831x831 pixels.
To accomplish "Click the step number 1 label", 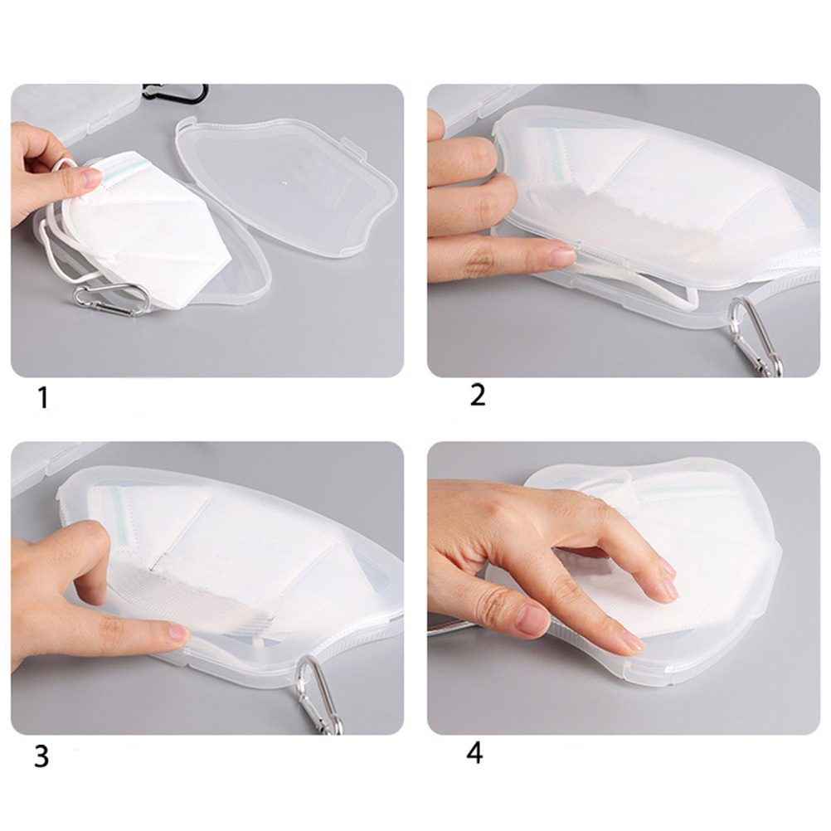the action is pos(43,397).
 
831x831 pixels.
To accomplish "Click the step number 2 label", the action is pos(478,395).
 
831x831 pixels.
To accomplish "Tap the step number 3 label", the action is pos(41,756).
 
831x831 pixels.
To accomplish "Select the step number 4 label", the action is pos(475,752).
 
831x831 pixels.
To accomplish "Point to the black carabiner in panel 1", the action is pos(176,93).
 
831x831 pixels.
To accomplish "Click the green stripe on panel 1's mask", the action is pos(124,171).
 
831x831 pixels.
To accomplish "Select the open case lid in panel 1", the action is pos(287,185).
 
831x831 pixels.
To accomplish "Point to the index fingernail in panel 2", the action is pos(561,258).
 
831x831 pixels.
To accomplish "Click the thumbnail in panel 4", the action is pos(532,620).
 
